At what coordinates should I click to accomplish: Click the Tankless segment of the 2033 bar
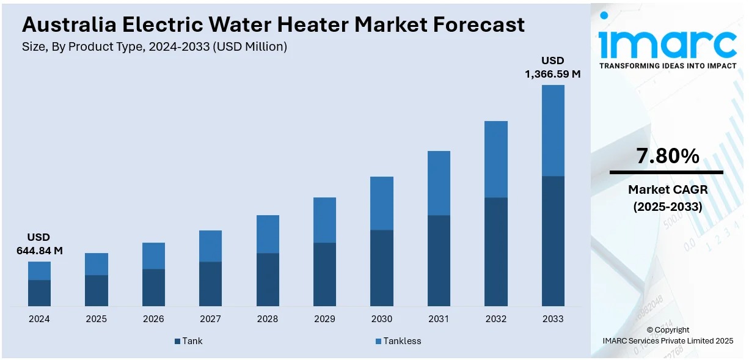pos(553,130)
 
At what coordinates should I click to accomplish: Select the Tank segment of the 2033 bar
pos(553,241)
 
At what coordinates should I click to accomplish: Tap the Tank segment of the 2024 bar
pos(39,293)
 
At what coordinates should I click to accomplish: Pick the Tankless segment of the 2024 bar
pos(39,271)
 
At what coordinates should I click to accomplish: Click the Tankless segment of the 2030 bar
pos(382,203)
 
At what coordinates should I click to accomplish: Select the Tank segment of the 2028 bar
pos(268,279)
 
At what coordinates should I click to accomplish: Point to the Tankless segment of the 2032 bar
pos(495,159)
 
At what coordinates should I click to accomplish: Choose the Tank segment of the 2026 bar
pos(153,287)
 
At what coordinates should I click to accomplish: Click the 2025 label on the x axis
pos(96,319)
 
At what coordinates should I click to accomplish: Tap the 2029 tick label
pos(324,319)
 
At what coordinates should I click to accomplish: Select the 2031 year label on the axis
pos(439,319)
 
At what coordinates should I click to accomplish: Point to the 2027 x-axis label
pos(210,319)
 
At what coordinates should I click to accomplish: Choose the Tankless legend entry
pos(398,341)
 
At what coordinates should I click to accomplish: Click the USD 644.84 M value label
pos(39,244)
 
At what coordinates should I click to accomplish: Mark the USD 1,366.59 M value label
pos(552,67)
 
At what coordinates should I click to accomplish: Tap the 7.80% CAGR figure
pos(667,156)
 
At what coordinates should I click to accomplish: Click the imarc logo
pos(668,39)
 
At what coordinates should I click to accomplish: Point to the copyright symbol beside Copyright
pos(650,330)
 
